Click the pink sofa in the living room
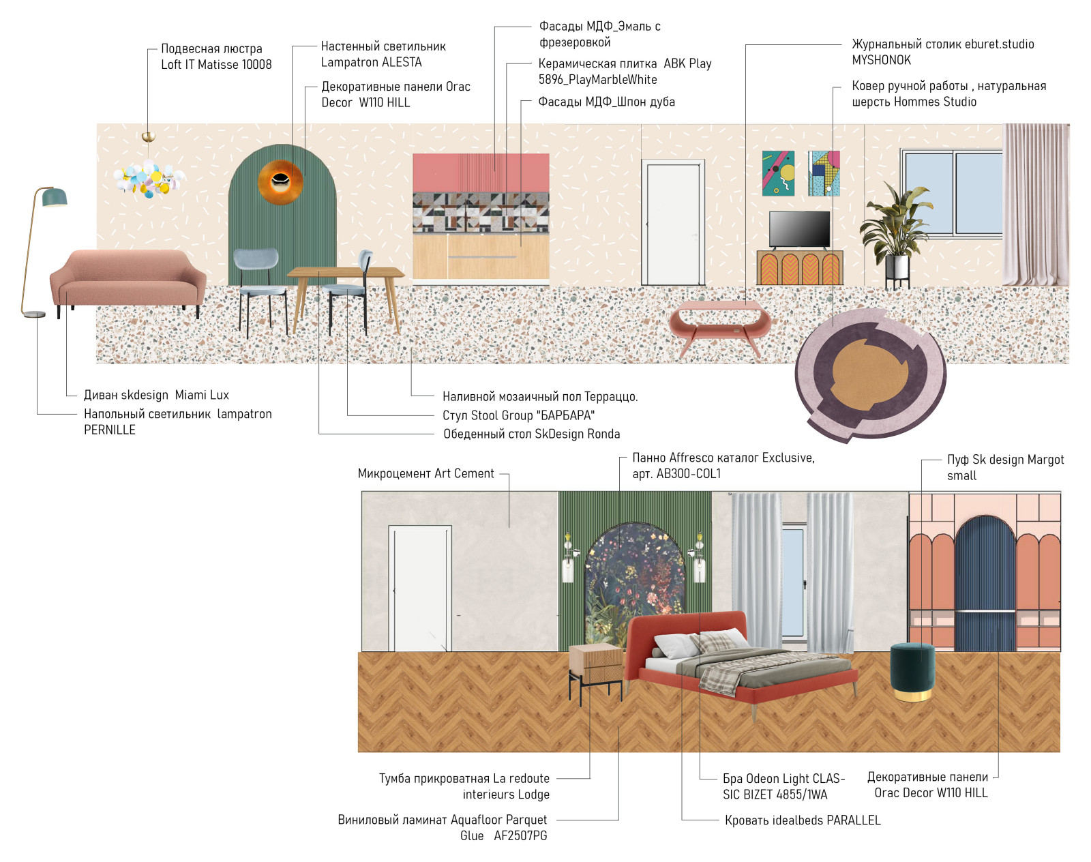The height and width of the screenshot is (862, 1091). coord(128,279)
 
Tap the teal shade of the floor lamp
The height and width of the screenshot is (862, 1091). coord(55,197)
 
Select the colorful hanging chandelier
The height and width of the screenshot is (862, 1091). coord(149,177)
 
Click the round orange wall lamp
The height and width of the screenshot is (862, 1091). coord(280,181)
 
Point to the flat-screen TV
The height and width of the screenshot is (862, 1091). coord(799,230)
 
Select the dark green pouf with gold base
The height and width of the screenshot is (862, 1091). coord(912,672)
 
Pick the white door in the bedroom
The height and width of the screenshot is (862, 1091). coord(420,588)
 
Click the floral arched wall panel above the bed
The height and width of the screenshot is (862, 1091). coord(635,578)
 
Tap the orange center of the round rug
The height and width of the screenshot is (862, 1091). coord(870,374)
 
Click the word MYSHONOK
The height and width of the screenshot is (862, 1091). coord(881,60)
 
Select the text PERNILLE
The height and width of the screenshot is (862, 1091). coord(110,430)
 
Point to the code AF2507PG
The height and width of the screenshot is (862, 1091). coord(521,836)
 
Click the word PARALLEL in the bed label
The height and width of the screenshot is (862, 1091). coord(854,820)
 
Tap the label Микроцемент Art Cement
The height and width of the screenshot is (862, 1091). coord(426,473)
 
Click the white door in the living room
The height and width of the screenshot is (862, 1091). coord(673,222)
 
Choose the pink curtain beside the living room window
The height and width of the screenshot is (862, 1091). coord(1036,205)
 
